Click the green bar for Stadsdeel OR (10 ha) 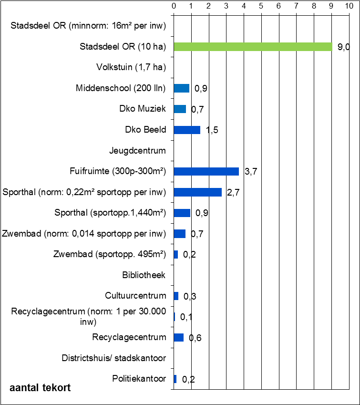(253, 47)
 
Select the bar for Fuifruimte (206, 171)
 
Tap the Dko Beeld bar (187, 130)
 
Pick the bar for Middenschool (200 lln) (182, 88)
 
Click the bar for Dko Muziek (180, 109)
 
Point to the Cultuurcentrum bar (176, 296)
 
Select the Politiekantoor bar (175, 379)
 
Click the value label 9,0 (344, 47)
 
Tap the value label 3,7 (251, 172)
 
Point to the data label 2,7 (234, 193)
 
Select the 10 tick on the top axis (349, 6)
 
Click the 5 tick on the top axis (261, 6)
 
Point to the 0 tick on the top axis (174, 6)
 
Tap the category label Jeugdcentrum (137, 151)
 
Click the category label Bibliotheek (144, 275)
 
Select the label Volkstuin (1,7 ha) (131, 67)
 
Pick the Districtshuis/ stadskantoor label (113, 358)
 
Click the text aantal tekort (40, 388)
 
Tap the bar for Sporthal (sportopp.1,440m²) (182, 213)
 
